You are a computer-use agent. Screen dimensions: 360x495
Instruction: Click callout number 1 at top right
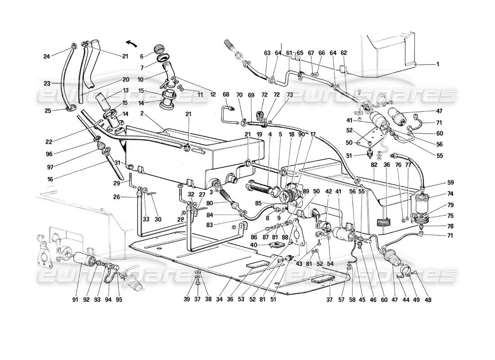[437, 64]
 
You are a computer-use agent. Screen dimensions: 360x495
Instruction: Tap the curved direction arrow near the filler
[131, 43]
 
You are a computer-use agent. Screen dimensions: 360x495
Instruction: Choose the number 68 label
[226, 94]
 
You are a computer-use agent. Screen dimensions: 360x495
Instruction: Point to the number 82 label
[374, 166]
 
